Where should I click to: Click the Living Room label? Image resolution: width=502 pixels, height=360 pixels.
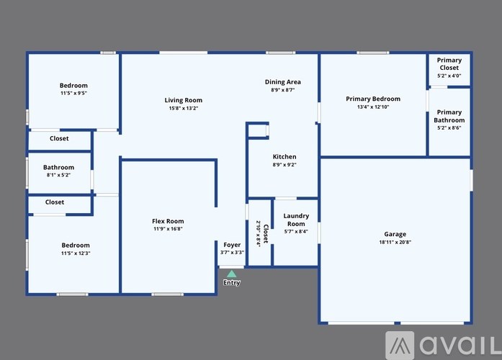point(183,100)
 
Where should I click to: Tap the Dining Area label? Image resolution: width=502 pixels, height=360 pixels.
point(282,82)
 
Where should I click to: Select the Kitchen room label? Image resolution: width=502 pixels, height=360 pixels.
point(284,156)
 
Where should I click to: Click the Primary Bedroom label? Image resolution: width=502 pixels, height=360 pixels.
point(372,99)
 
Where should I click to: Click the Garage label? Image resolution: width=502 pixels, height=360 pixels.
point(395,234)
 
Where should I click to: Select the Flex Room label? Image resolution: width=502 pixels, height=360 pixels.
point(168,221)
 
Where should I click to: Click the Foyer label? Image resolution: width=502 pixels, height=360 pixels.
point(232,245)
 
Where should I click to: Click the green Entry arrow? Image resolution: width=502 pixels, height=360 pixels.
point(231,274)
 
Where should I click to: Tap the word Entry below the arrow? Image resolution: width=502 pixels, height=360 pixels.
point(231,283)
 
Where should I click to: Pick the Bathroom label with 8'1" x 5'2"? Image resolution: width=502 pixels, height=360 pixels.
point(58,167)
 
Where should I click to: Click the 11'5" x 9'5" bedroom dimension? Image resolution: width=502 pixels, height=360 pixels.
point(73,94)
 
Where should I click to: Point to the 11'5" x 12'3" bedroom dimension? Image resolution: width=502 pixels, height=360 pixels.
point(75,253)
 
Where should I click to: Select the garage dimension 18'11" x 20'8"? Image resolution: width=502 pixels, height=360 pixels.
point(395,243)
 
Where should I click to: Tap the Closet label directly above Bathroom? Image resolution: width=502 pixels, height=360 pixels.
point(59,138)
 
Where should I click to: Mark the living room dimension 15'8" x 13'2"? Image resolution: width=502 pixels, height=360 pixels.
point(183,108)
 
